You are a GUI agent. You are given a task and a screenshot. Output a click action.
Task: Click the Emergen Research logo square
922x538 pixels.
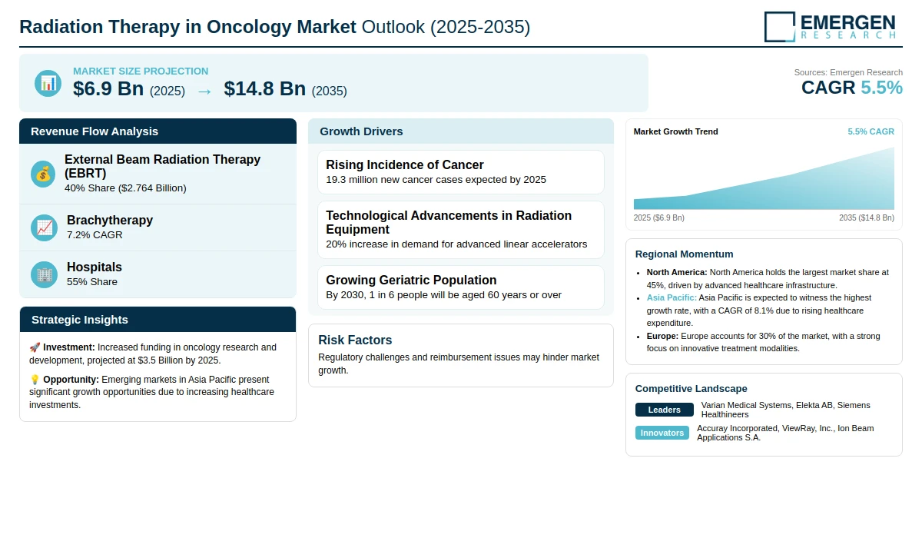[780, 27]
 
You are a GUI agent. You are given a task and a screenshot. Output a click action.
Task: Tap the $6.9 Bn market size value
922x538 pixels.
[108, 88]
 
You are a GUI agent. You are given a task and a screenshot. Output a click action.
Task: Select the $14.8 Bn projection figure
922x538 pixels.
[264, 88]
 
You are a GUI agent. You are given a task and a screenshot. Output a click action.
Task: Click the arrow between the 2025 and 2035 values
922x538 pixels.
[204, 91]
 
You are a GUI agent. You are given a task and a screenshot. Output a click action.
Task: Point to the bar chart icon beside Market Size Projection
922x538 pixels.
[48, 84]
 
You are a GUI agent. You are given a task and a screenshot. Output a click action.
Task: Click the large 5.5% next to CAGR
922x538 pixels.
[881, 88]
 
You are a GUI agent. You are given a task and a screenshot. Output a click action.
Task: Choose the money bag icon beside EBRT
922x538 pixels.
[43, 174]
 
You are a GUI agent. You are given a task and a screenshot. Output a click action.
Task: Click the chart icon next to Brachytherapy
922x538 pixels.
[44, 227]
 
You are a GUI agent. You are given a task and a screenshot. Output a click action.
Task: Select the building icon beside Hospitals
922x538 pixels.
[44, 274]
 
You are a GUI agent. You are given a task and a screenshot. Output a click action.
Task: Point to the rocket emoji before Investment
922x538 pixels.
[35, 347]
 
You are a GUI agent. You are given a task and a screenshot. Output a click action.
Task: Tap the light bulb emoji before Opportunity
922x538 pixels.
[35, 380]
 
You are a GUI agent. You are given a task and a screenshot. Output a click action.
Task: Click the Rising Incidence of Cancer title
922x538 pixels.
[405, 164]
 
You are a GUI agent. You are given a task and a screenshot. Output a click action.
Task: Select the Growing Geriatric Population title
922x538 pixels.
[411, 280]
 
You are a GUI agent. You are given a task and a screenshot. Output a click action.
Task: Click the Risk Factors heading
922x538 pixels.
[355, 340]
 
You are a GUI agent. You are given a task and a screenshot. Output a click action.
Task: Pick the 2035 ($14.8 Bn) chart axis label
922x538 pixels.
[867, 218]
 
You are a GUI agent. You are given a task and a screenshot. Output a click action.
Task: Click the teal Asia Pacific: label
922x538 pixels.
[672, 297]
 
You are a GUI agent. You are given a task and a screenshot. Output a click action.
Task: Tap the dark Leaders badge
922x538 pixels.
[665, 410]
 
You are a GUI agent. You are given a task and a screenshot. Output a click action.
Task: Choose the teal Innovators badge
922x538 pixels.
[662, 433]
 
